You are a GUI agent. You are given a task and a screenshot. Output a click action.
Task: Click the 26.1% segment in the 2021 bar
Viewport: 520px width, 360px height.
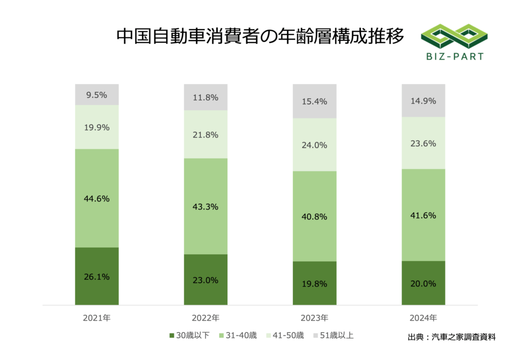point(96,276)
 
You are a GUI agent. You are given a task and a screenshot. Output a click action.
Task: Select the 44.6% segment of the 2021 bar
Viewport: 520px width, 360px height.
point(96,198)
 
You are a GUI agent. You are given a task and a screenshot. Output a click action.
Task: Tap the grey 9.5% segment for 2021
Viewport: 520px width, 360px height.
point(96,94)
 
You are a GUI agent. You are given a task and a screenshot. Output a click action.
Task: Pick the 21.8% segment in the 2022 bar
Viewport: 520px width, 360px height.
point(205,135)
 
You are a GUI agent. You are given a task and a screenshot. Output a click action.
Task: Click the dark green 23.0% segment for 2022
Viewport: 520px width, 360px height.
point(205,279)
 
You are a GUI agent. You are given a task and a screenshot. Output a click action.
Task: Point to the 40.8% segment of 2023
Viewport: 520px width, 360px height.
point(314,216)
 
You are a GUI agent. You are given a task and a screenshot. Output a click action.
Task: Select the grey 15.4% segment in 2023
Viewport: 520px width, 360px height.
point(314,101)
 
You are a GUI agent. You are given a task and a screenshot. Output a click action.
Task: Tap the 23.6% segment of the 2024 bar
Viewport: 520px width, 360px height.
point(423,143)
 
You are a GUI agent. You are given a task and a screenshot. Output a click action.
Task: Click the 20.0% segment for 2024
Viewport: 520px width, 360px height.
point(423,283)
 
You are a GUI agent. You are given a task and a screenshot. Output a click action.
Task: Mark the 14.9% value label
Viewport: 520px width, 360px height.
point(423,101)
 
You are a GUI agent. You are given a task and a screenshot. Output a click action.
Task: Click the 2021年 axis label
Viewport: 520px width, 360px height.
point(96,318)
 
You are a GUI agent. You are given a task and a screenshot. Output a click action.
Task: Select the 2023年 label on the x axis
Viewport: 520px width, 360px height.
point(314,318)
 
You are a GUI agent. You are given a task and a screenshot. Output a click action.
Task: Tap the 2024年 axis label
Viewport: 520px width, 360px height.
point(423,318)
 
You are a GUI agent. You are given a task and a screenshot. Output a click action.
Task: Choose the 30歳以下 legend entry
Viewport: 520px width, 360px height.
point(188,335)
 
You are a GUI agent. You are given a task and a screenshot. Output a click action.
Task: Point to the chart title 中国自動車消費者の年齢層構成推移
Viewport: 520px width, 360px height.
point(260,37)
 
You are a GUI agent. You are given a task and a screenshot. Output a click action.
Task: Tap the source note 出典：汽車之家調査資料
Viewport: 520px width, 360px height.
point(451,337)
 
